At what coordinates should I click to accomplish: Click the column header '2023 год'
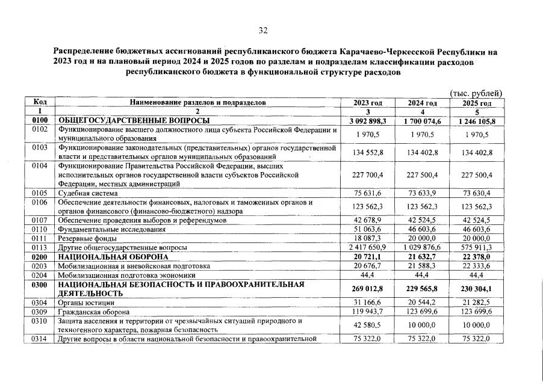tap(368, 103)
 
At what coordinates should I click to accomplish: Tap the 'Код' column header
tap(40, 103)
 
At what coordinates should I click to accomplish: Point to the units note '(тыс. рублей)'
tap(476, 93)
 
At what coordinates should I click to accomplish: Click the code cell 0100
tap(40, 121)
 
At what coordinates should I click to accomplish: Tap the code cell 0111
tap(40, 238)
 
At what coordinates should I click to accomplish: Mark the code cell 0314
tap(40, 339)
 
